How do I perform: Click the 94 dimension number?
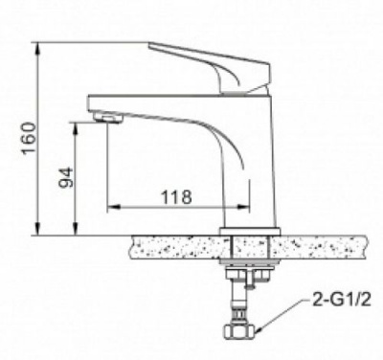(x=64, y=178)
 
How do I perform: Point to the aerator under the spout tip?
(x=106, y=120)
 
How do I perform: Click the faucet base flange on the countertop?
(x=251, y=231)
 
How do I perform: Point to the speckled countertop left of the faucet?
(x=172, y=248)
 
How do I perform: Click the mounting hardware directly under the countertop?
(x=250, y=272)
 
